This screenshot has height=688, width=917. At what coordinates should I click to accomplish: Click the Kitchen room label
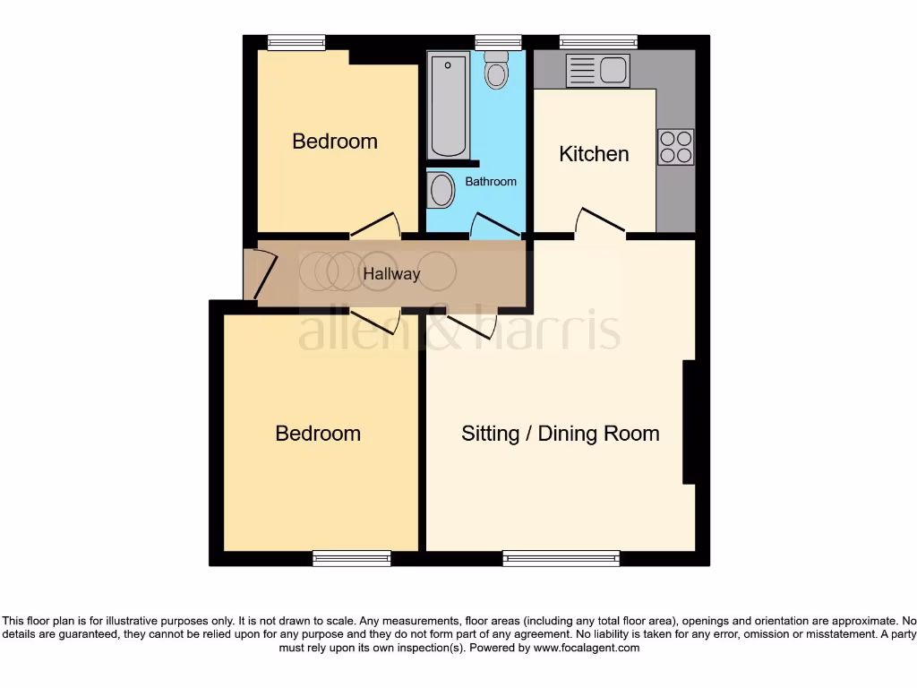(594, 154)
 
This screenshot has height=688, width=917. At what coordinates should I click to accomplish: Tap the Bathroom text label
(491, 182)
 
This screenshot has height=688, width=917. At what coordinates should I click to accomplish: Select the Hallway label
(391, 274)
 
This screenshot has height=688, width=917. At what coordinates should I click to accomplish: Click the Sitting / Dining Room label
(560, 434)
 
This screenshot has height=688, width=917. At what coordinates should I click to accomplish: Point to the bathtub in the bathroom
(448, 106)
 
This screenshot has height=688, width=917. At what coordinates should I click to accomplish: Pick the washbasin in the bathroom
(441, 190)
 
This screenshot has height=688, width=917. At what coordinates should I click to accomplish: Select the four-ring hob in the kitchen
(675, 147)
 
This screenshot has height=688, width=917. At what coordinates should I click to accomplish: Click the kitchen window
(598, 40)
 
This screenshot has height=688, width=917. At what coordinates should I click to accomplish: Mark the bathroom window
(498, 40)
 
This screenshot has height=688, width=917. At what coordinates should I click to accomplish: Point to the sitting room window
(561, 559)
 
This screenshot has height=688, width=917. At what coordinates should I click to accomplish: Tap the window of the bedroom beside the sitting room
(352, 559)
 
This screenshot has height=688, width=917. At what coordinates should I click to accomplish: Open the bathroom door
(495, 226)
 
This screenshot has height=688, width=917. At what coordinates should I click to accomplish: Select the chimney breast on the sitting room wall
(690, 422)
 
